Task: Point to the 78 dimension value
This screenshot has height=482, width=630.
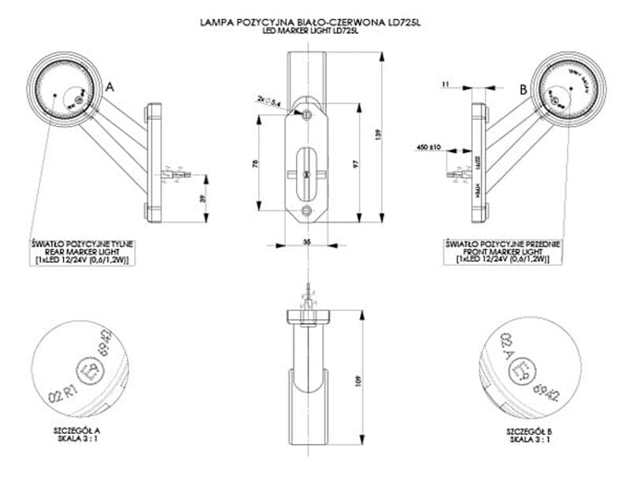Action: (x=254, y=164)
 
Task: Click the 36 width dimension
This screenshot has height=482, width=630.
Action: (x=305, y=242)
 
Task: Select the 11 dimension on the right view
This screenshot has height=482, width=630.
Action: (x=445, y=83)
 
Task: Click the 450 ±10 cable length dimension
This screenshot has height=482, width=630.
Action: (x=428, y=146)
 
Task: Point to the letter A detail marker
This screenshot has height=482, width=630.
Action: (x=110, y=88)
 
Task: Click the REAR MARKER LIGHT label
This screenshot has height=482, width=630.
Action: (x=83, y=252)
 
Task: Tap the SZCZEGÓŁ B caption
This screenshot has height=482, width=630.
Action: (x=528, y=431)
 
